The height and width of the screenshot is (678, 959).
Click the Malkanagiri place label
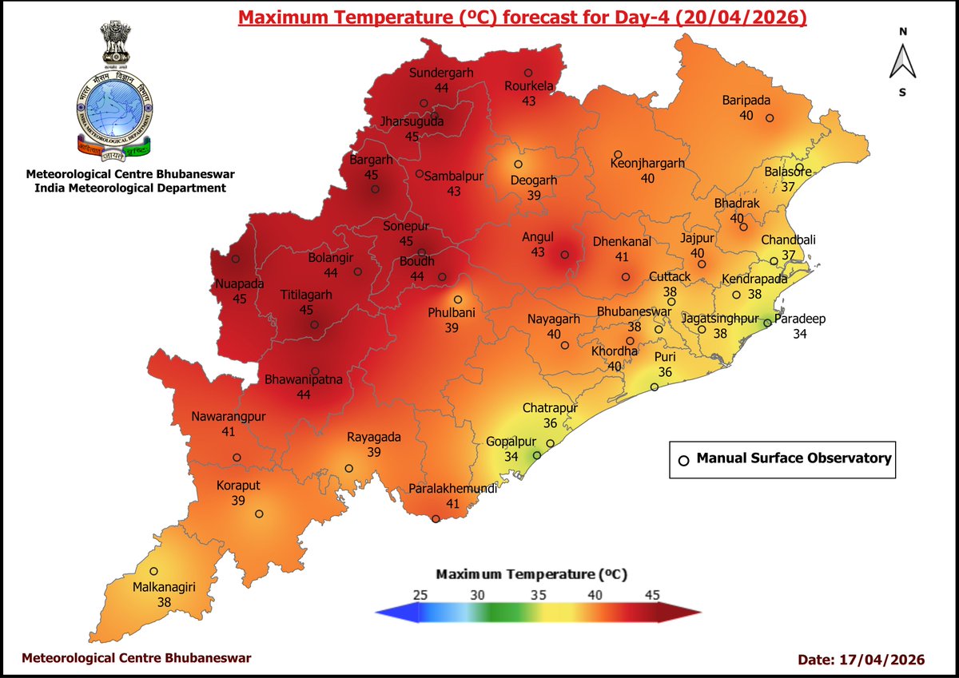pos(164,588)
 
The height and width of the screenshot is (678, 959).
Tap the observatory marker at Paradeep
pos(767,323)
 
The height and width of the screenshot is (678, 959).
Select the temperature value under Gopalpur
pos(511,456)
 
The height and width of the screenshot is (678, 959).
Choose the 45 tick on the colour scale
pos(652,596)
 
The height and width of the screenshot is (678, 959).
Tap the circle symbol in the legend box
pos(683,460)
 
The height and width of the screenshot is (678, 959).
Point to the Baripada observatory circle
pos(770,118)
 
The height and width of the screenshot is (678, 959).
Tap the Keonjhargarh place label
pos(647,163)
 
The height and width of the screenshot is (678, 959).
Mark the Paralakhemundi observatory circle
pos(436,519)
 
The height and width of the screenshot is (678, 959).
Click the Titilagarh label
pos(306,295)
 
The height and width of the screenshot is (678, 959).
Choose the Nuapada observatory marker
pos(236,259)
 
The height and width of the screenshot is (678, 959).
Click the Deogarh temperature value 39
pos(533,195)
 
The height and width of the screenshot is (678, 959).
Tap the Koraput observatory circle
pos(259,514)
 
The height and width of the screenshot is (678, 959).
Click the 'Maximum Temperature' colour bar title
pos(531,574)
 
